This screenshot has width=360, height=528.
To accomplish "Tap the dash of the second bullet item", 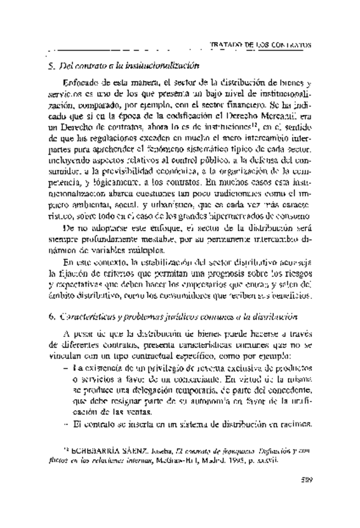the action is [x=67, y=425].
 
